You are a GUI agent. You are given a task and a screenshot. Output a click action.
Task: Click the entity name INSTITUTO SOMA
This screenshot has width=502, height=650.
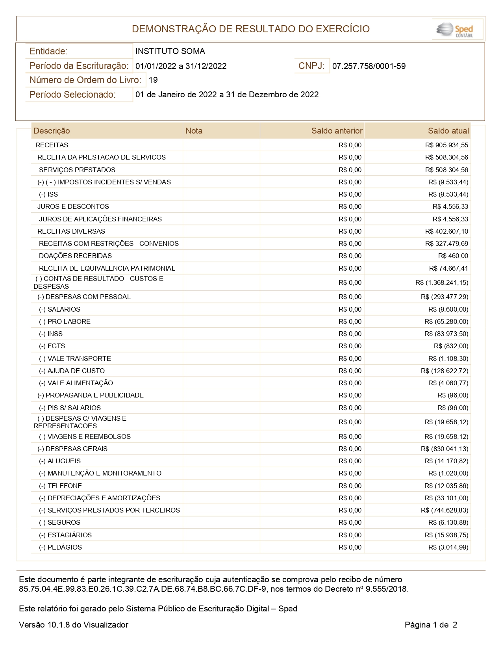170,51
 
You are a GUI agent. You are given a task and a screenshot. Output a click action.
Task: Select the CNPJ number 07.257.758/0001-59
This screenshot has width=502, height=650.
369,66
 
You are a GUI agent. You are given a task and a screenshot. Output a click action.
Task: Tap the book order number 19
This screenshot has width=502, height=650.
153,80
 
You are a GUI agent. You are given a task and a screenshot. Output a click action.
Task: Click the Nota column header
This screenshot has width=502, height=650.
194,131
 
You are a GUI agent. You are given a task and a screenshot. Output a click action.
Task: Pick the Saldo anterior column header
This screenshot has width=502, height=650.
337,131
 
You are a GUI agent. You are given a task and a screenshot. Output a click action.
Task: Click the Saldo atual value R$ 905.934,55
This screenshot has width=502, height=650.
446,145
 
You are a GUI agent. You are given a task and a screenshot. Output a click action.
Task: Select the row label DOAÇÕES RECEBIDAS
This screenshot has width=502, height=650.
75,256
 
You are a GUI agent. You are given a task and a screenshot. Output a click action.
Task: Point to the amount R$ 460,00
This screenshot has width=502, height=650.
453,256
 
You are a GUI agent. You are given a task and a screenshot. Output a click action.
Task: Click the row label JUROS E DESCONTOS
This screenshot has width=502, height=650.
73,206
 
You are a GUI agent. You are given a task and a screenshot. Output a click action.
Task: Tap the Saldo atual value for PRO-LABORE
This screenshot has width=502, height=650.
446,321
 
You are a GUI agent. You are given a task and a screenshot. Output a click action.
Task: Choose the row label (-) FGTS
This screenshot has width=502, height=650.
52,346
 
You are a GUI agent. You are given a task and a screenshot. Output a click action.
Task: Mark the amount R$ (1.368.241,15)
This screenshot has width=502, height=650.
442,282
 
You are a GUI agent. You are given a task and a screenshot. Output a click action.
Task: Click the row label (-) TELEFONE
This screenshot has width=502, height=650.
60,486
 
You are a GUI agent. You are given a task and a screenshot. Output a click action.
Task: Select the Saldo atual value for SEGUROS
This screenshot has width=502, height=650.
448,522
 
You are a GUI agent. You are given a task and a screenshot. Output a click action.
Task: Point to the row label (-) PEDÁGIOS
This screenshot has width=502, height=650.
60,547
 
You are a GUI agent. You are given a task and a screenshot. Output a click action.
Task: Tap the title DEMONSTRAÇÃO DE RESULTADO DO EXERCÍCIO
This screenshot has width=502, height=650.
251,29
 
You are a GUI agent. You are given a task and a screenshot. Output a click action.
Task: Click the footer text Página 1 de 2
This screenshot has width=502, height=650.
431,625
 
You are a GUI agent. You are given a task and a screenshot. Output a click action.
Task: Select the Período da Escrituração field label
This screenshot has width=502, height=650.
79,66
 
